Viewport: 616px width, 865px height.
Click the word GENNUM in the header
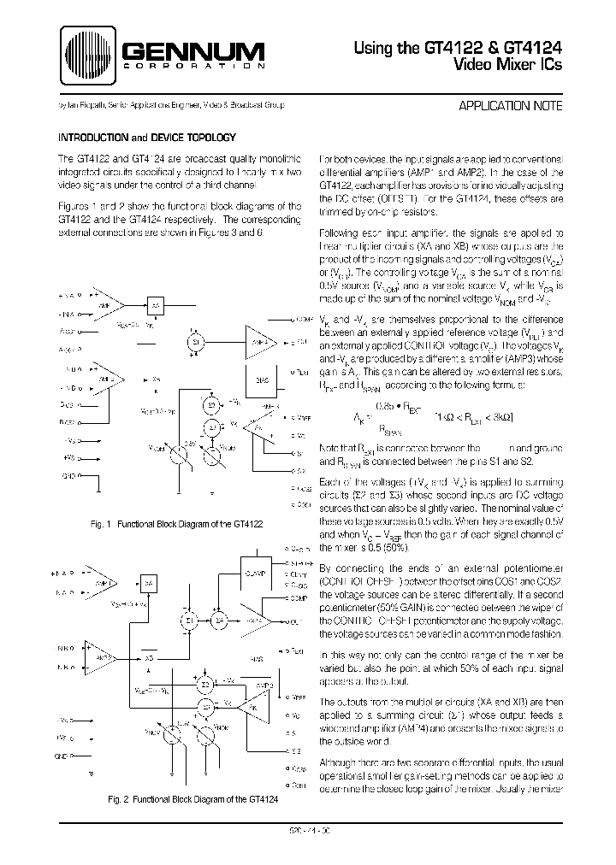pos(190,52)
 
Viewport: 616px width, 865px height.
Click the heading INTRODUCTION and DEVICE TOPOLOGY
pos(140,137)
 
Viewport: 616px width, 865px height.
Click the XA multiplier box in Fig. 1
pos(157,305)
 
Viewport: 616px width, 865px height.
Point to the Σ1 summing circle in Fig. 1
pos(194,342)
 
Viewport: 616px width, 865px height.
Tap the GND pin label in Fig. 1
pos(69,475)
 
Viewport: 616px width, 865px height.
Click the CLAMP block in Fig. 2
pos(255,574)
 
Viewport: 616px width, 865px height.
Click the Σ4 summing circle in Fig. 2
pos(220,618)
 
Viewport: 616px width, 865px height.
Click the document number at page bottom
pos(309,827)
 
